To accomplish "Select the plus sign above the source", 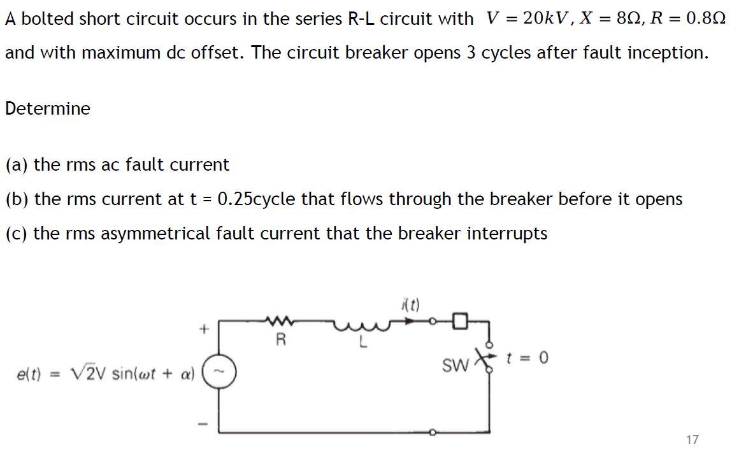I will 204,329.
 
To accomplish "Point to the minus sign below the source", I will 204,422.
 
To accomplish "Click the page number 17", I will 693,439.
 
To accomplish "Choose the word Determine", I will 48,108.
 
